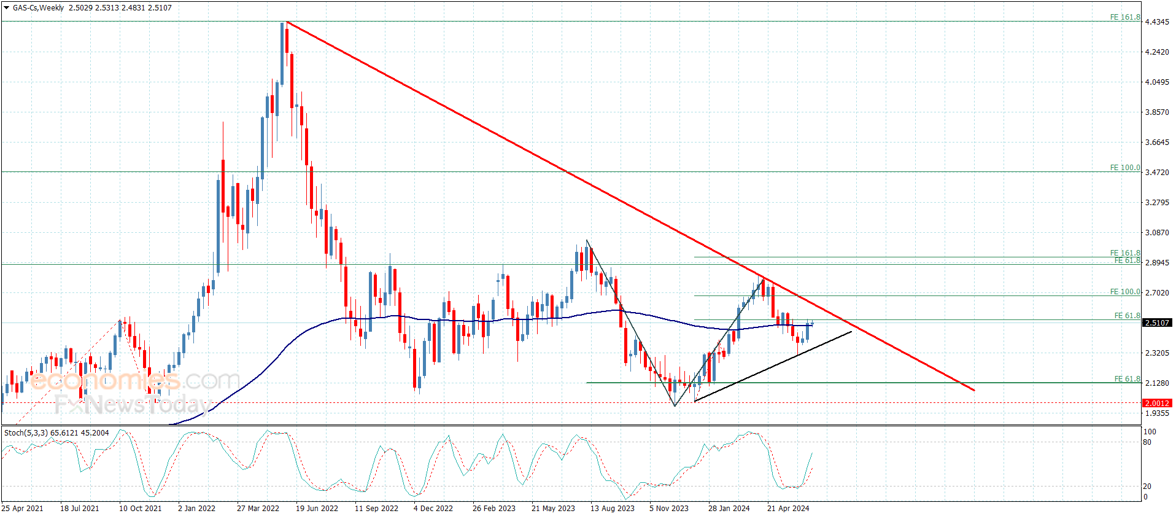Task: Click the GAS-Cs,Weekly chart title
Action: click(38, 8)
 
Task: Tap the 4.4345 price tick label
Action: click(1156, 22)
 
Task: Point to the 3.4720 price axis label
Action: click(1156, 173)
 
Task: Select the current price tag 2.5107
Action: click(1156, 322)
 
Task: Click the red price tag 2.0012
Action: click(1156, 403)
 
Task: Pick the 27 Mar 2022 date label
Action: click(258, 508)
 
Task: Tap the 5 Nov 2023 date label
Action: click(669, 508)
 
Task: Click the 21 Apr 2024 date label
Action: click(788, 508)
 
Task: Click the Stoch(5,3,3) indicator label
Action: click(56, 433)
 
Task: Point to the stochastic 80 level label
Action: click(1147, 442)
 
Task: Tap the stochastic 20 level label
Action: click(1147, 487)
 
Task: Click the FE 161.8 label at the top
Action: click(1124, 17)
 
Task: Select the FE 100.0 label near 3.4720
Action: click(1124, 168)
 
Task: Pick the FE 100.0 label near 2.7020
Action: click(1124, 292)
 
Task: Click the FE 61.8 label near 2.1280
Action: click(1127, 379)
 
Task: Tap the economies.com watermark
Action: click(135, 381)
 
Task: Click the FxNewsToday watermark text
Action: click(132, 404)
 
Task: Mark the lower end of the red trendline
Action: click(974, 390)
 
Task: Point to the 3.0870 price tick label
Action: click(1156, 233)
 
